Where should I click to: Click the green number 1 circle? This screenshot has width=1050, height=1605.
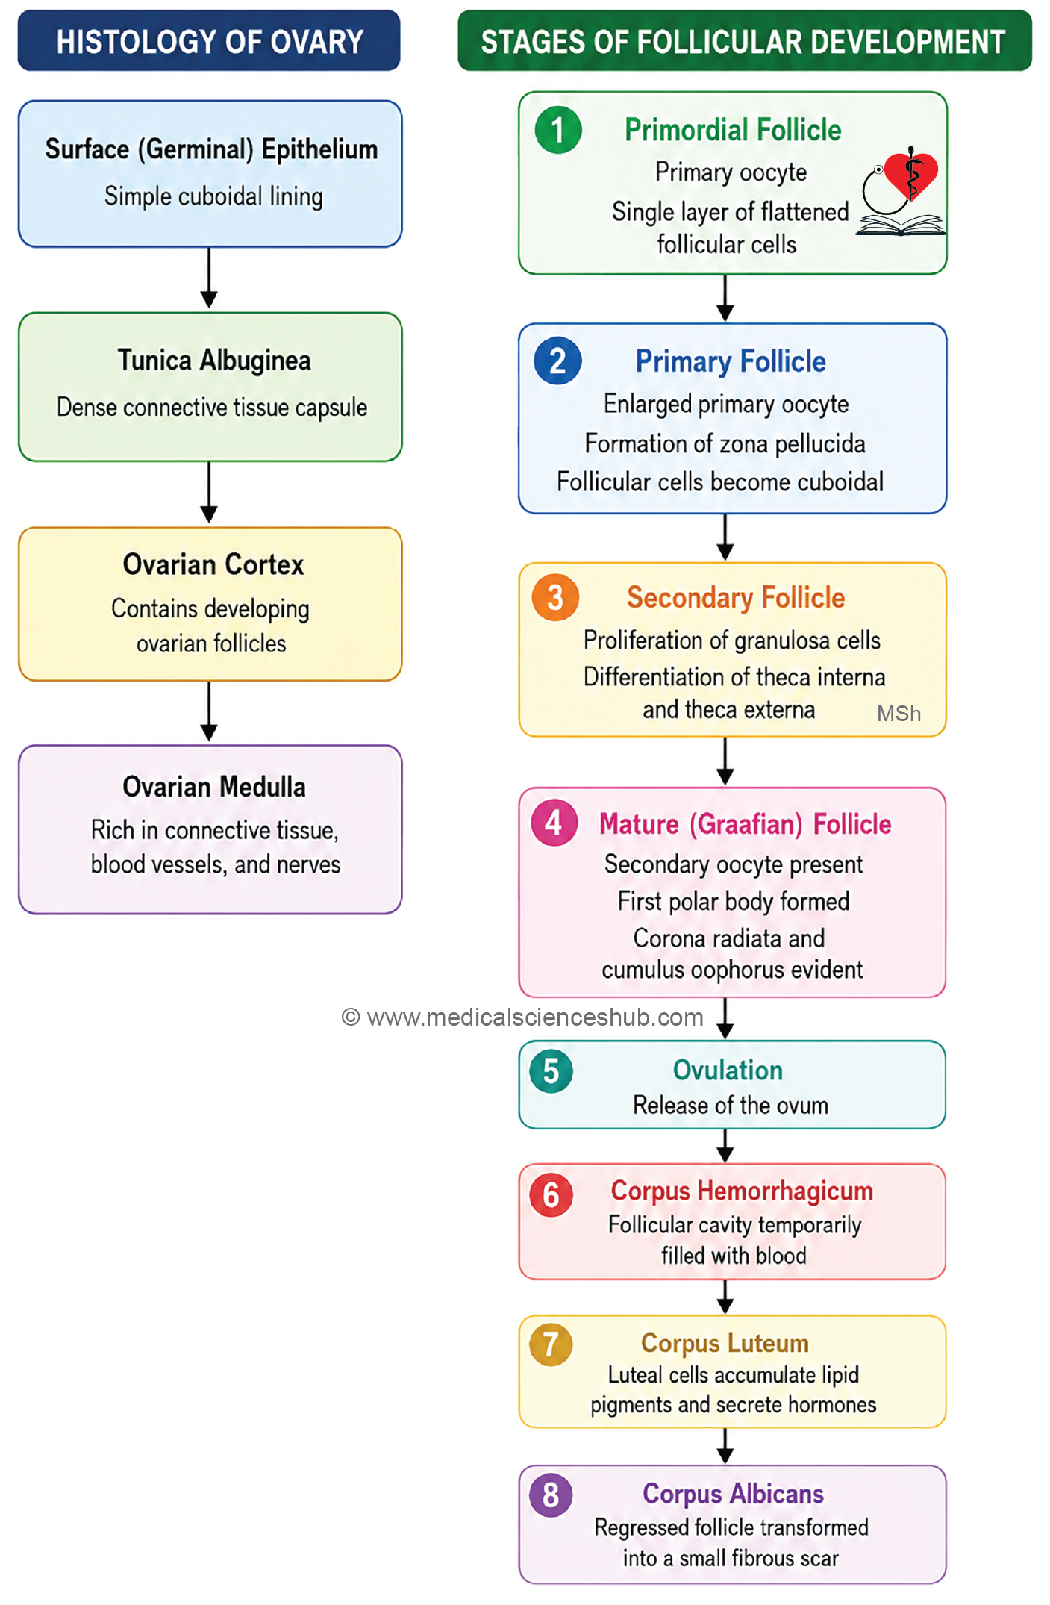558,130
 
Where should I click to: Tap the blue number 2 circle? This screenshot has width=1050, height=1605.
557,361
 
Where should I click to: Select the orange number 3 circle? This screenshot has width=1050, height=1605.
555,597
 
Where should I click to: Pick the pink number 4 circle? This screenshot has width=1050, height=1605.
554,823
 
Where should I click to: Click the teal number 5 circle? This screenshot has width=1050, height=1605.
551,1071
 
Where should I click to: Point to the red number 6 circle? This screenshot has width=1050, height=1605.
551,1194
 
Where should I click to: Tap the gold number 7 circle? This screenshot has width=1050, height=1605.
551,1344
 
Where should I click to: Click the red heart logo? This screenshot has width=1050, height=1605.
911,175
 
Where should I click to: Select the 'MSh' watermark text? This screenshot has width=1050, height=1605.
899,714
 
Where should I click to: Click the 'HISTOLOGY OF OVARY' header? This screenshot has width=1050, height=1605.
210,42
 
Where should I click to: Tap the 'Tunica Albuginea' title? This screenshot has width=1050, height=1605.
214,361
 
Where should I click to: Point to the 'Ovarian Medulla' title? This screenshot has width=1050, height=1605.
214,787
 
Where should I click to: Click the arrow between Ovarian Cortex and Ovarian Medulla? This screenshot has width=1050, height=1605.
209,711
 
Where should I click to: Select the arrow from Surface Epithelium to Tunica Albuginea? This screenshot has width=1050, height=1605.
209,278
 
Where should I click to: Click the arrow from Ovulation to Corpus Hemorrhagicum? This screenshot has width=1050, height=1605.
725,1146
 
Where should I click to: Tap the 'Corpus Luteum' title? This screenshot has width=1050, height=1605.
725,1343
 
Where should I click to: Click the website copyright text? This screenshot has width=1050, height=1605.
522,1017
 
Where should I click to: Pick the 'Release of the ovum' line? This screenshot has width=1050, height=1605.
731,1105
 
